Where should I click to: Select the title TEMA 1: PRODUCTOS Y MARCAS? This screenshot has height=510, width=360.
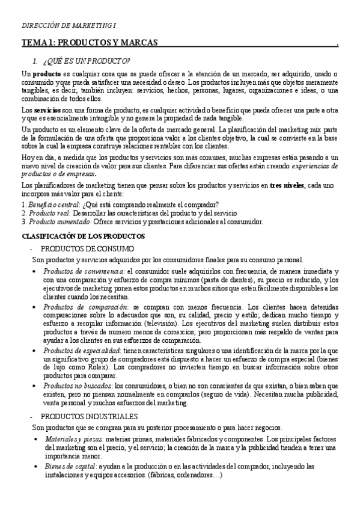pos(90,43)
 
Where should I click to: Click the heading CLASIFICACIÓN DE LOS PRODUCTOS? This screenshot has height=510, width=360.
pos(83,236)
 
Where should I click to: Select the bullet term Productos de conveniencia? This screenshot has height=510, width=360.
pos(83,272)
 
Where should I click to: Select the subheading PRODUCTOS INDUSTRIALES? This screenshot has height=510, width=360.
pos(89,416)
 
